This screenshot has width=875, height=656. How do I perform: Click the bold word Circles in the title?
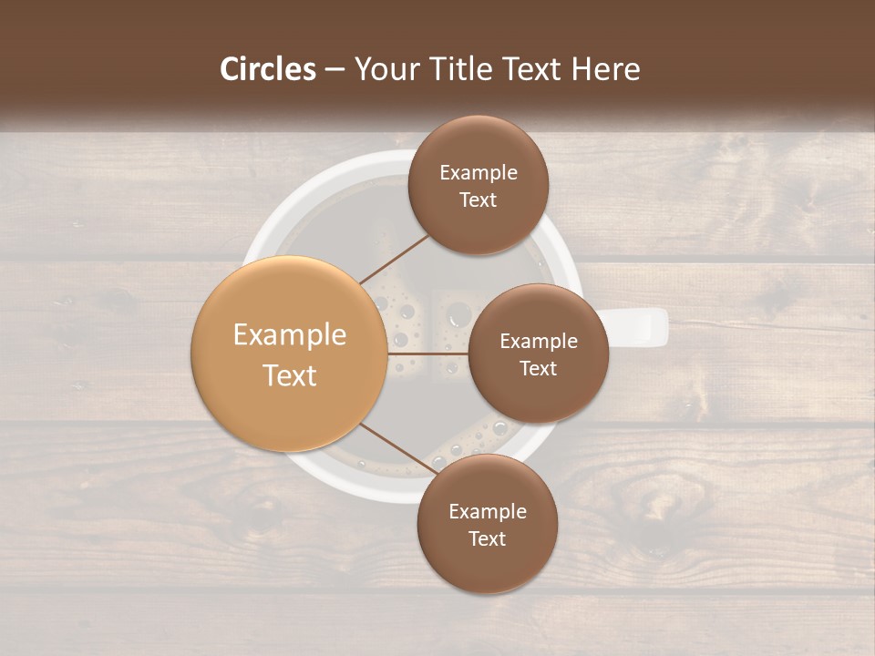coord(268,69)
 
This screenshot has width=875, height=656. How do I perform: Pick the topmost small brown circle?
coord(479,185)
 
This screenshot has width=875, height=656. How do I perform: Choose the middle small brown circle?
coord(538,354)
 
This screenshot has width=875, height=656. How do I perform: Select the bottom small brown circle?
coord(487,524)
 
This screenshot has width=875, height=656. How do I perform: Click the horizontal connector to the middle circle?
coord(428,354)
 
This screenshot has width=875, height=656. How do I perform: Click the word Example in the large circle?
coord(290,334)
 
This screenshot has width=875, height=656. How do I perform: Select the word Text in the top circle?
coord(479,200)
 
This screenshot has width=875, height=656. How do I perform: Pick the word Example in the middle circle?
coord(539,341)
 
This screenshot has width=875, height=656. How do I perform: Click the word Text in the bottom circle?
coord(487,538)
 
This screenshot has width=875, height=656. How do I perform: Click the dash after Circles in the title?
coord(334,69)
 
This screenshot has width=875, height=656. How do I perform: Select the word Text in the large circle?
coord(290,375)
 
